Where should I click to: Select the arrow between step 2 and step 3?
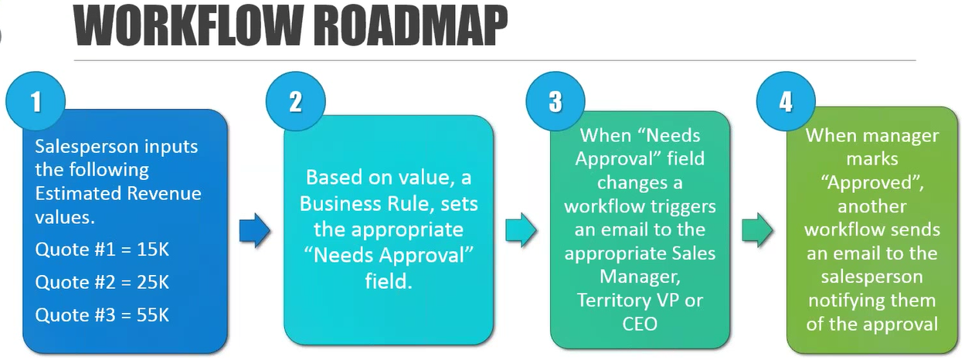[522, 230]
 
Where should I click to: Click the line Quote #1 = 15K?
[102, 250]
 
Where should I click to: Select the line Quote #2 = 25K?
[102, 283]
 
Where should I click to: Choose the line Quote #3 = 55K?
[102, 314]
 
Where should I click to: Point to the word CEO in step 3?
[640, 324]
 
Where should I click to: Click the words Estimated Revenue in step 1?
[118, 193]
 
